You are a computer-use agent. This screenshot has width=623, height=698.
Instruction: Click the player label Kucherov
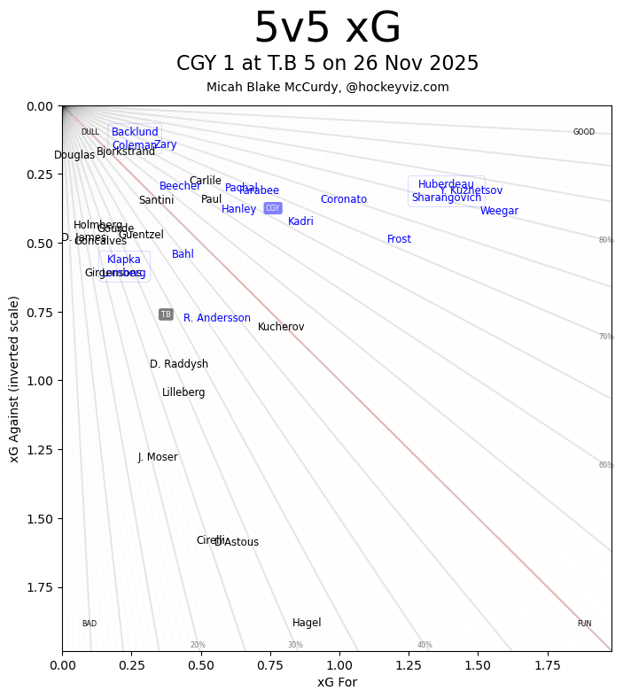click(x=281, y=327)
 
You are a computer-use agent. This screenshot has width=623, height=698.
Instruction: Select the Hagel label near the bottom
click(x=307, y=623)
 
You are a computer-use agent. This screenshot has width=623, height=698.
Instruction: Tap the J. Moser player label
click(x=158, y=457)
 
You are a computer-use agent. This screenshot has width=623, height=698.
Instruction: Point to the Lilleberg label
click(x=183, y=392)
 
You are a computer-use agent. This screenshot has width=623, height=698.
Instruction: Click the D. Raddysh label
click(x=179, y=364)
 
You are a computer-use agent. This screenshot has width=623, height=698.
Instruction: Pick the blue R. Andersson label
click(x=217, y=318)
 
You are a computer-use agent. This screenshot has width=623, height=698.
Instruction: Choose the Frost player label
click(x=399, y=239)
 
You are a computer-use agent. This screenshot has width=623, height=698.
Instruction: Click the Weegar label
click(x=499, y=211)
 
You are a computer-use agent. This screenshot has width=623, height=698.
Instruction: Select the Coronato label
click(x=344, y=199)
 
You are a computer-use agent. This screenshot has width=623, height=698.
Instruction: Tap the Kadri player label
click(x=300, y=221)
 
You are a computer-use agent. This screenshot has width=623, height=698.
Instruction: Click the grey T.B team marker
click(x=166, y=314)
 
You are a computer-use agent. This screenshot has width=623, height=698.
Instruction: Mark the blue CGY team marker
click(x=273, y=208)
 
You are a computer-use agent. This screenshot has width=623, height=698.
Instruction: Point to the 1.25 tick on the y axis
click(x=41, y=450)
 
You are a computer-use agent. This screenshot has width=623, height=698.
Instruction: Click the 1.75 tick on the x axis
click(x=548, y=664)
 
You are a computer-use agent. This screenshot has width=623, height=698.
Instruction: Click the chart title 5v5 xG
click(x=327, y=28)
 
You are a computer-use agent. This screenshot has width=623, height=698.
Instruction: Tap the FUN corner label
click(x=584, y=624)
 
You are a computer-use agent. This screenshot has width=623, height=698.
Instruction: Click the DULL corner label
click(x=90, y=132)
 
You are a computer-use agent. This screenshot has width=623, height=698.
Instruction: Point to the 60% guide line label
click(x=606, y=465)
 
